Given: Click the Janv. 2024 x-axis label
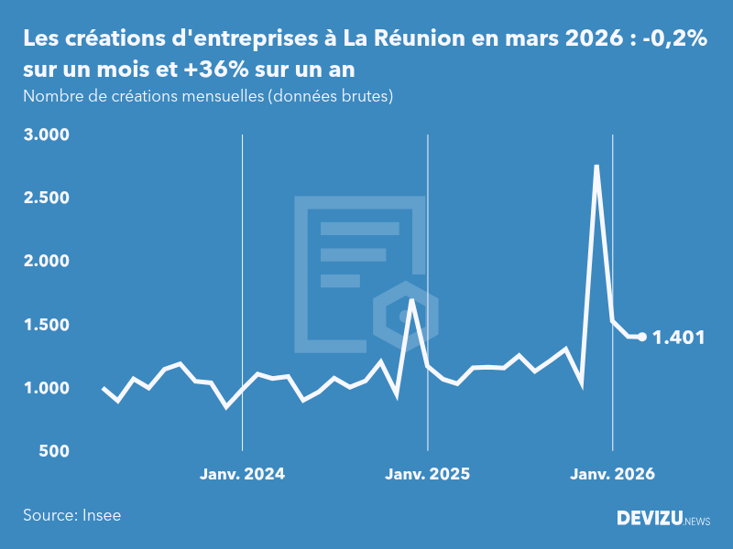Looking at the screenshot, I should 242,474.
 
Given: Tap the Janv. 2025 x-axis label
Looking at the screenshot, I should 427,474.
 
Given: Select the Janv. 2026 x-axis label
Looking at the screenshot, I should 612,474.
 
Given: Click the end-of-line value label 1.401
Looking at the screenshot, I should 678,338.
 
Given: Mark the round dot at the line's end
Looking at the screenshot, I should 642,337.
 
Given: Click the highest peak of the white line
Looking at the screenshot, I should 596,167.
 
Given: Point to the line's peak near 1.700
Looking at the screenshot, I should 411,300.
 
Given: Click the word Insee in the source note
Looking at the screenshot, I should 101,515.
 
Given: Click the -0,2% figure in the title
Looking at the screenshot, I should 673,39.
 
